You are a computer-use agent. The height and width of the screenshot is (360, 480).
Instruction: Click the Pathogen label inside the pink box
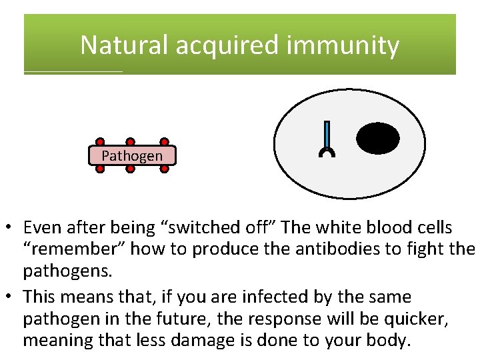pos(132,155)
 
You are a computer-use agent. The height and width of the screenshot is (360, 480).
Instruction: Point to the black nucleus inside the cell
pos(378,139)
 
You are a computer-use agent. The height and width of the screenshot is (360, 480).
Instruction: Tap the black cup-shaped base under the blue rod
pos(327,153)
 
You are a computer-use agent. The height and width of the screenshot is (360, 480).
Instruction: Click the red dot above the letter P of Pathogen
pos(100,142)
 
